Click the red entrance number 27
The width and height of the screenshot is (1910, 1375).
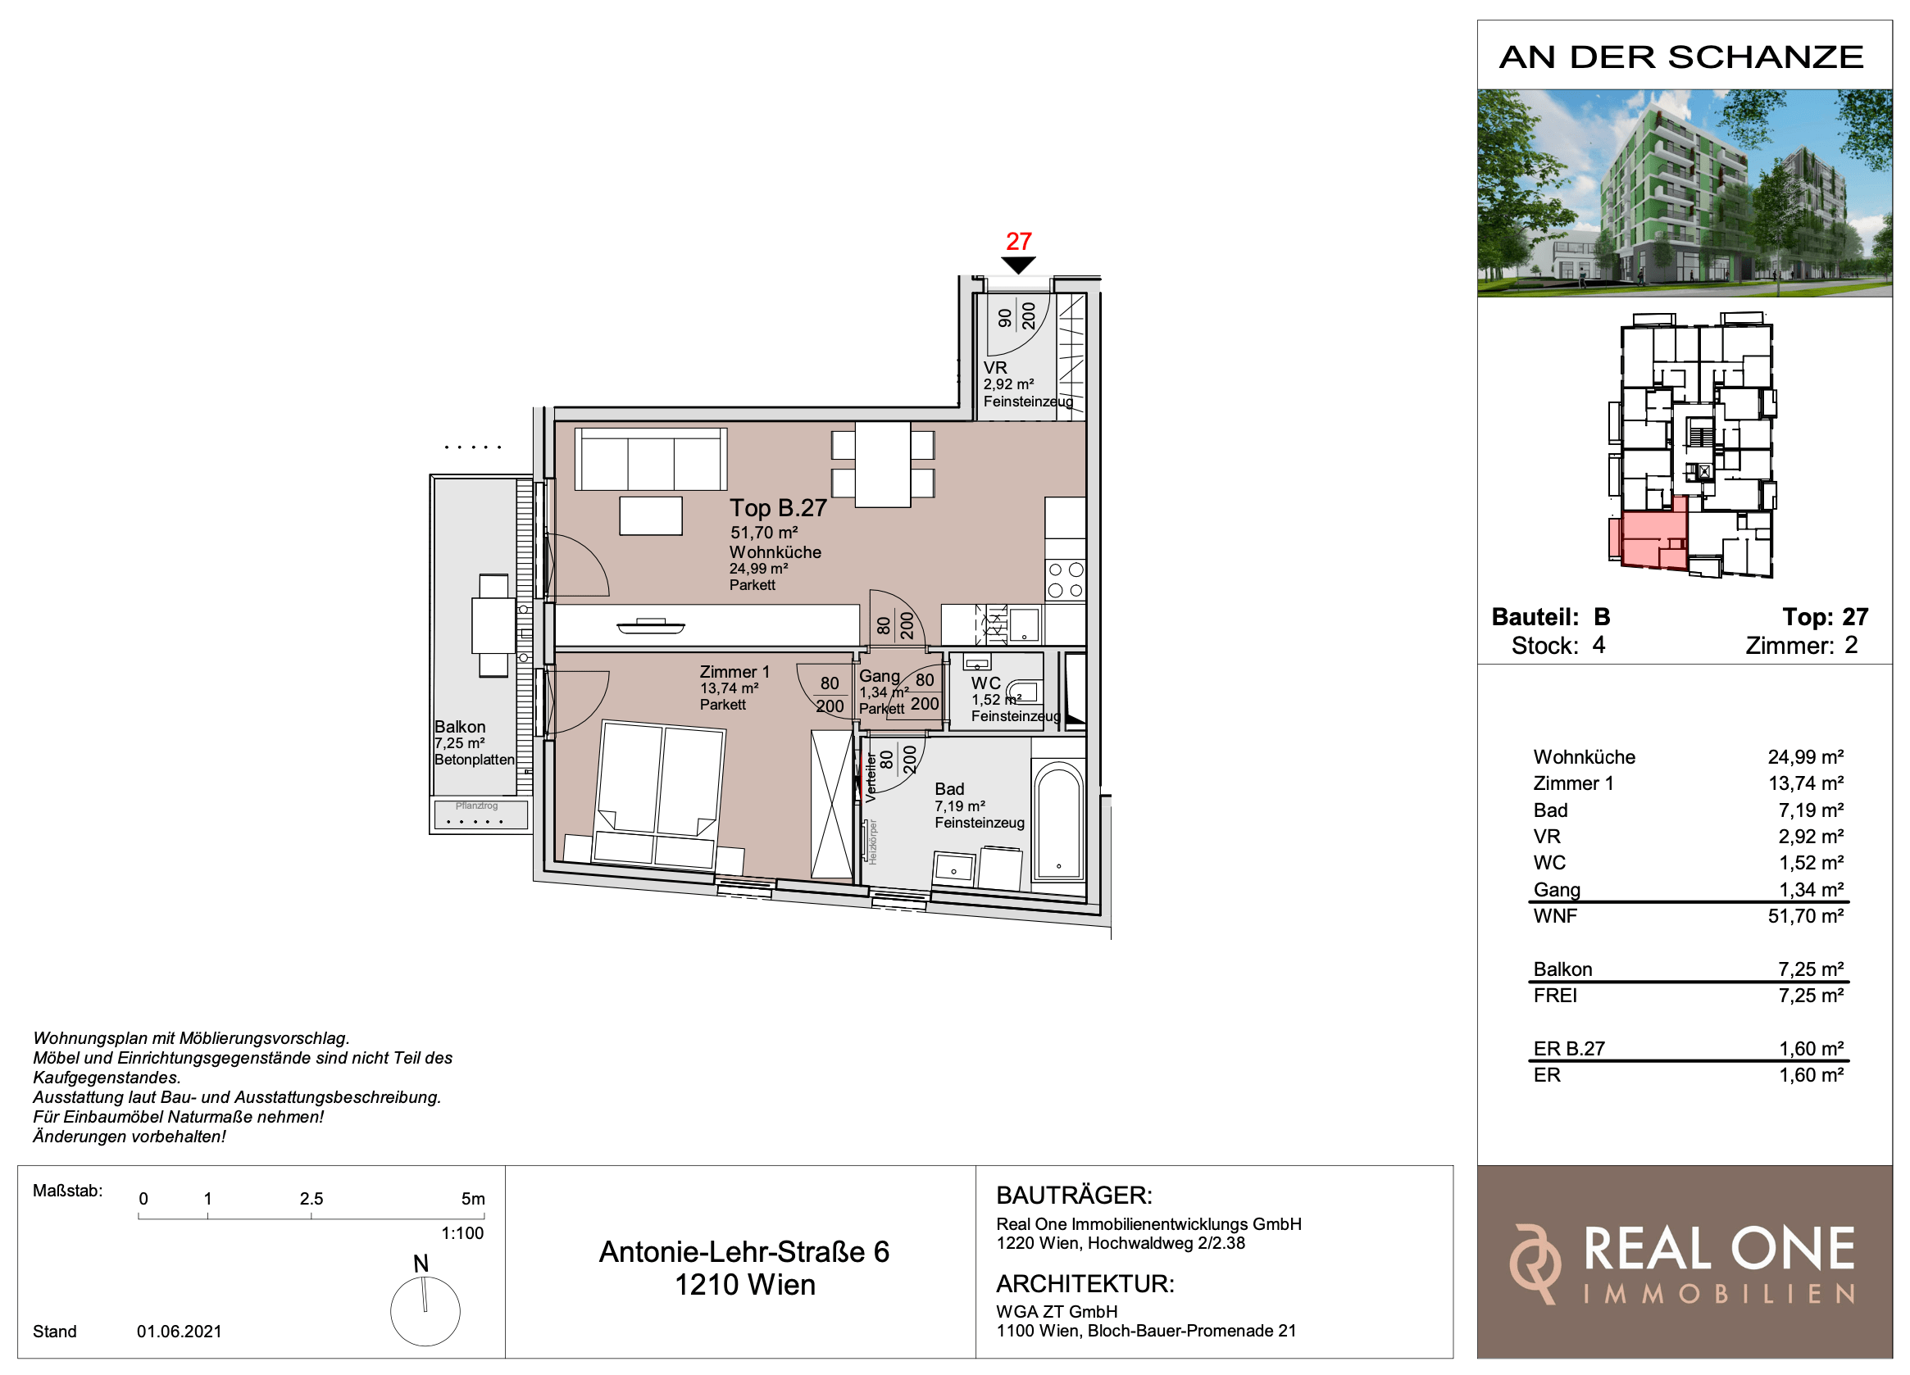point(1018,242)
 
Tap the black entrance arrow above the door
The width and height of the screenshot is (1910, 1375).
point(1018,265)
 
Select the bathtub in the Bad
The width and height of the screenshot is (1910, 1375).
point(1058,821)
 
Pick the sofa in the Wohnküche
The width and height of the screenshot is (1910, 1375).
point(650,459)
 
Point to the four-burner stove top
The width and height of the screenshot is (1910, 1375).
point(1066,580)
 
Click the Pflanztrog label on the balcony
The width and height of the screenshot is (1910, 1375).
point(476,805)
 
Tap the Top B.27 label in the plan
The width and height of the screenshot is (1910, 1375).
point(778,509)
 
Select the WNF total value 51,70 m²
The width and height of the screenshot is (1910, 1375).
point(1806,916)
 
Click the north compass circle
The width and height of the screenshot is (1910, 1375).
point(425,1311)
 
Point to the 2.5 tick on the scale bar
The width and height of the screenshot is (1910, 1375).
point(312,1216)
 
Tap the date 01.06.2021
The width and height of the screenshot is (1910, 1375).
point(180,1332)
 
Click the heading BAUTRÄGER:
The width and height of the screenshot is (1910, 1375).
point(1074,1195)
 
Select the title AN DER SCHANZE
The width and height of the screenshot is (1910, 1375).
point(1682,57)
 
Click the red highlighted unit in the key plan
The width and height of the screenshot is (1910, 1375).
point(1647,540)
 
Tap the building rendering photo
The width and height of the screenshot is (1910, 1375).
point(1685,193)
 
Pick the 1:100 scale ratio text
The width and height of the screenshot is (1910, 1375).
point(462,1233)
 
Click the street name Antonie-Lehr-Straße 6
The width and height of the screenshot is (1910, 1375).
point(744,1252)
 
